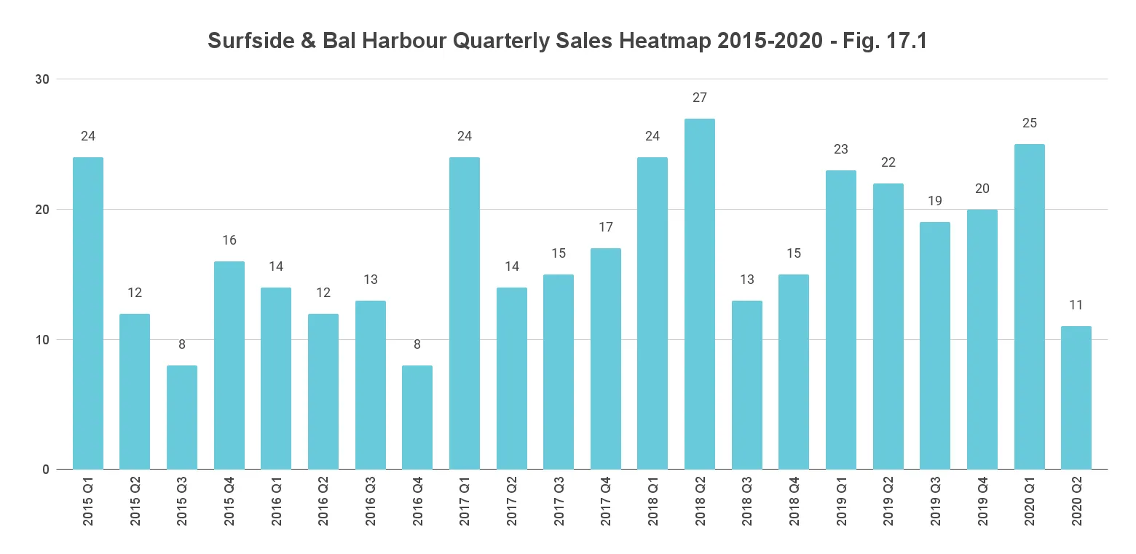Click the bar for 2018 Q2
[700, 294]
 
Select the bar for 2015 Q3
[182, 417]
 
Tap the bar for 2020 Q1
[1029, 306]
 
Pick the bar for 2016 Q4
[417, 417]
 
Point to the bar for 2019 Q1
[841, 320]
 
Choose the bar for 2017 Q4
[606, 359]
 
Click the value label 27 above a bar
[700, 98]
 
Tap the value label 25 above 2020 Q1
[1029, 123]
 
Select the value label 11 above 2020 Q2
[1076, 305]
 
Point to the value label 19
[935, 202]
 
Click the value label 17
[606, 227]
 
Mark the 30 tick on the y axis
[43, 79]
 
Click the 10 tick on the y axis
[43, 340]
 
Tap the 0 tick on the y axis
[45, 470]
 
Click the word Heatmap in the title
[666, 41]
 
